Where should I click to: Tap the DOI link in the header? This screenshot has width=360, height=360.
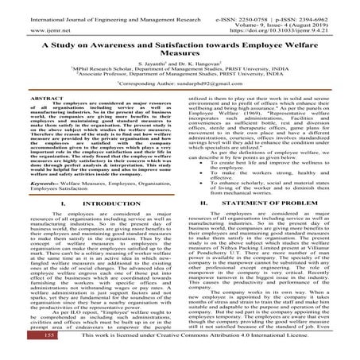[294, 16]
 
